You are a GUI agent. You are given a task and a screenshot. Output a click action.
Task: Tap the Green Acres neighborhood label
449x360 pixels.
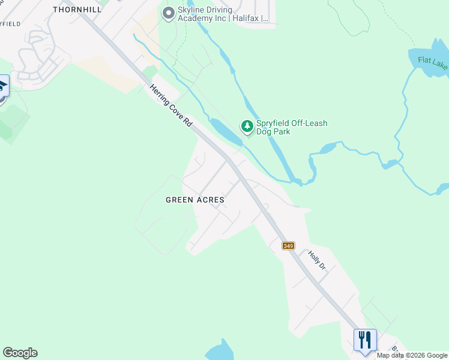tap(195, 200)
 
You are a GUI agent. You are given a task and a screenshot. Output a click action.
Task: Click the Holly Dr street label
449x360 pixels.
tap(316, 260)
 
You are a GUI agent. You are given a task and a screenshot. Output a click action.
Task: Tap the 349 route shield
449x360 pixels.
tap(289, 245)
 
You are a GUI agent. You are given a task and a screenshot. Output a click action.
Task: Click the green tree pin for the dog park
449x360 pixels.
tap(247, 126)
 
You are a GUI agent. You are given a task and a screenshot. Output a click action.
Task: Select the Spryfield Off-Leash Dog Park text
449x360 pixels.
tap(292, 127)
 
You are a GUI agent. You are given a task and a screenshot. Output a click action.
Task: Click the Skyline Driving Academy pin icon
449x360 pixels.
tap(169, 13)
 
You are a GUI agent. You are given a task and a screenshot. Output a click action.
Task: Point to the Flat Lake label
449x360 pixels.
tap(433, 62)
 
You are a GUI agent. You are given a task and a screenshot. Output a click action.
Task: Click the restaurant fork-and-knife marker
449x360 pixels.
tap(364, 340)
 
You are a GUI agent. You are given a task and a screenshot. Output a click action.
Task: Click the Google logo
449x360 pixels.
tap(20, 353)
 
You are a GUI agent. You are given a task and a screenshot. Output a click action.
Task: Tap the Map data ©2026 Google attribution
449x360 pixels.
tap(412, 355)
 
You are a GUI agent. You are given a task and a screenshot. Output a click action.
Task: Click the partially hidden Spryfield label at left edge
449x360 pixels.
tap(10, 23)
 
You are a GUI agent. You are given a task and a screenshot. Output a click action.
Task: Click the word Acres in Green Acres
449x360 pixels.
tap(211, 200)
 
